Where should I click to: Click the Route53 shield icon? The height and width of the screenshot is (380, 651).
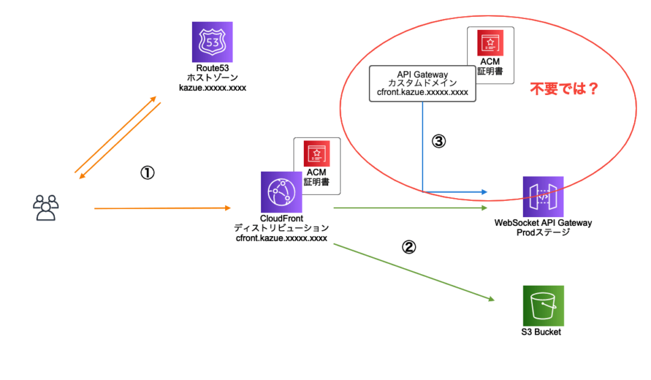tap(212, 42)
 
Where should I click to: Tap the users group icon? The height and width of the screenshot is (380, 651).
tap(45, 208)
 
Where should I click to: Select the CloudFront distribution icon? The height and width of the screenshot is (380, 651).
tap(281, 192)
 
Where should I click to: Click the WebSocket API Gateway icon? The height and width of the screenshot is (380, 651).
tap(543, 197)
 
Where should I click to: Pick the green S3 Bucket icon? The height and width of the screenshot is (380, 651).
tap(543, 305)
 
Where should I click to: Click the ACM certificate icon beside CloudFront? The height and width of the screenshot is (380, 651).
tap(317, 153)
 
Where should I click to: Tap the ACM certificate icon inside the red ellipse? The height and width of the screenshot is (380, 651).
tap(490, 43)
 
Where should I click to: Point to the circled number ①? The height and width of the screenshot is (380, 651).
tap(147, 172)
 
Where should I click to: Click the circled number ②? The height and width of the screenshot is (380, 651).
tap(408, 247)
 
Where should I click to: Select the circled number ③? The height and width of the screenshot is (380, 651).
tap(439, 141)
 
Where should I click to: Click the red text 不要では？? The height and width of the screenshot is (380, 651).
tap(564, 88)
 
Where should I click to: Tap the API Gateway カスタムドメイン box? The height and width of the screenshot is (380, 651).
tap(422, 83)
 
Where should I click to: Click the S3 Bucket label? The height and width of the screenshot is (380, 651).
tap(541, 332)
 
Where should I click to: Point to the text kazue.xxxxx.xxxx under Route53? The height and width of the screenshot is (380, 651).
tap(212, 88)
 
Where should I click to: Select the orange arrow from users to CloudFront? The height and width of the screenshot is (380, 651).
tap(162, 208)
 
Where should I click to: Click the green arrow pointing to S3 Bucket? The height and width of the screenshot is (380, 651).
tap(414, 272)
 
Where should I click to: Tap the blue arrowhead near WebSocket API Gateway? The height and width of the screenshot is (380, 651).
tap(484, 192)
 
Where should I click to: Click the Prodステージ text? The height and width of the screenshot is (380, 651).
tap(543, 233)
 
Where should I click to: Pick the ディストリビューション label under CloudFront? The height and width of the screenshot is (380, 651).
tap(281, 228)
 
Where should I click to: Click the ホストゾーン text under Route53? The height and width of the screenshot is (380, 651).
tap(212, 77)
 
